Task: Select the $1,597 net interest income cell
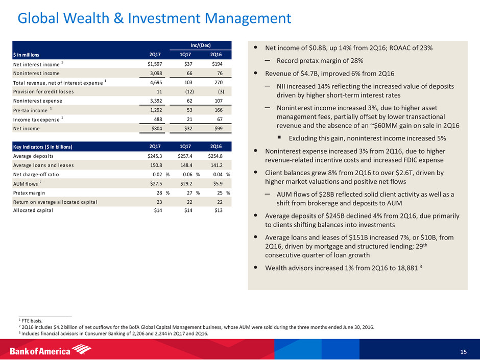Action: click(x=151, y=64)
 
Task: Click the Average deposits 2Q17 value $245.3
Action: click(x=152, y=156)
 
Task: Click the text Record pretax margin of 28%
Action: click(x=320, y=60)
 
